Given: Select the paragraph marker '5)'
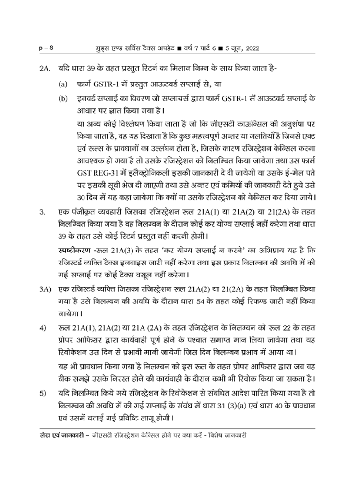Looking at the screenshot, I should [x=43, y=394].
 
